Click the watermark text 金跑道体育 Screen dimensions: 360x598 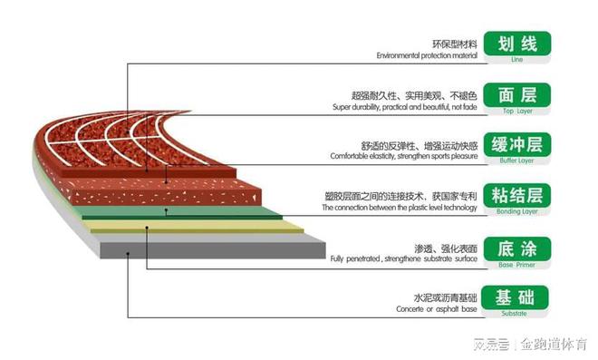pos(555,345)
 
